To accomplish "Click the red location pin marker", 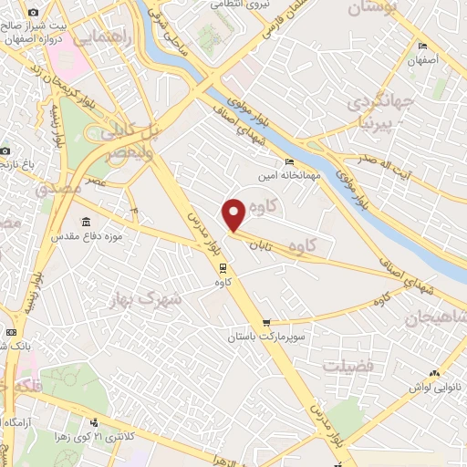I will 233,213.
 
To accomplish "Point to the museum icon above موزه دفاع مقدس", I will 87,222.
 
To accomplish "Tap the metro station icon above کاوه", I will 222,267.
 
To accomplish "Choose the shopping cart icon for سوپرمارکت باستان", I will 266,322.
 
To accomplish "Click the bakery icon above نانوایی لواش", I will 434,372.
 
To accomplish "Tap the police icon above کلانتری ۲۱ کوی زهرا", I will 95,421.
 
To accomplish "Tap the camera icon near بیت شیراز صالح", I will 33,13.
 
